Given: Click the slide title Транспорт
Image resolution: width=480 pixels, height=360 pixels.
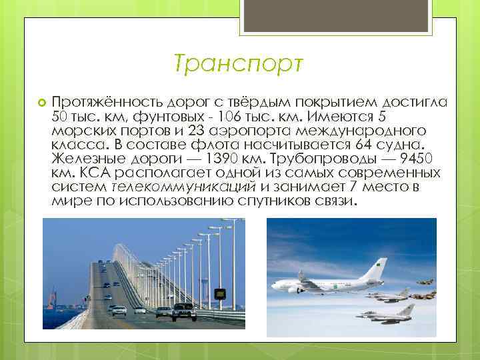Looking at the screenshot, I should [x=238, y=65].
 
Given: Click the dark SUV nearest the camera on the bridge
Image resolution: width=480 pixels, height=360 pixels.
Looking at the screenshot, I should [x=184, y=311].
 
